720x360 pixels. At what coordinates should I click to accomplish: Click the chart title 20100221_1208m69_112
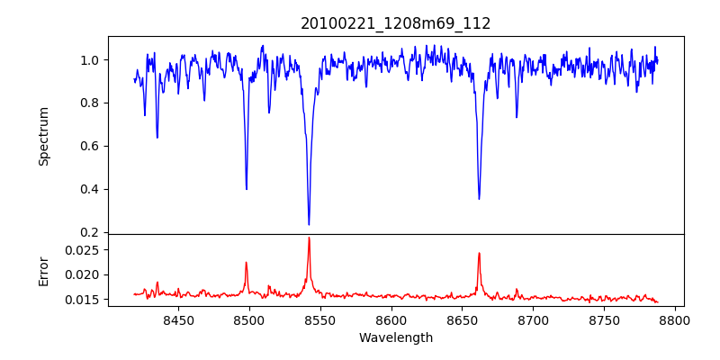396,23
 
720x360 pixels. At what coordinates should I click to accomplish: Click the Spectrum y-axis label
43,136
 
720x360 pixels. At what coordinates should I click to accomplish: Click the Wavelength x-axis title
396,338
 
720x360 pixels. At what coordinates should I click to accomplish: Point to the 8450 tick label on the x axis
178,319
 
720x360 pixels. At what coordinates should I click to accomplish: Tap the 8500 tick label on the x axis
249,319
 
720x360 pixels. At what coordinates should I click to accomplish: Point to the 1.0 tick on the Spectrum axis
92,60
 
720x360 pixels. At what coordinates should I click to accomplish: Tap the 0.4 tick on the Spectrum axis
92,190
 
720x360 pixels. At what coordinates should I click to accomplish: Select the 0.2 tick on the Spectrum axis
92,233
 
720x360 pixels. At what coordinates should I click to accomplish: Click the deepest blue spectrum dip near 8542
309,224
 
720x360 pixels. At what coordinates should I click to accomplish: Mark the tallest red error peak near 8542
309,238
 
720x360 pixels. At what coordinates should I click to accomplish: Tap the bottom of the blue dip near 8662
479,199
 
